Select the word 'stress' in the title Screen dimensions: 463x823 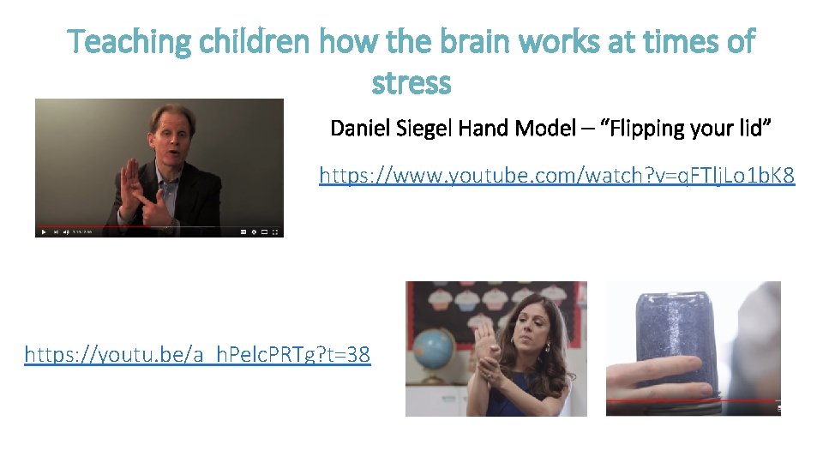point(411,83)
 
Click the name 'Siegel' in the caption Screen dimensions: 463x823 point(426,129)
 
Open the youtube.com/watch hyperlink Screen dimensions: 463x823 point(556,176)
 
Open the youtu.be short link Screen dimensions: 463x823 point(197,353)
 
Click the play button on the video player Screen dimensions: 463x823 point(43,231)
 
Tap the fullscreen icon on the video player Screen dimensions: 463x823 point(275,231)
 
